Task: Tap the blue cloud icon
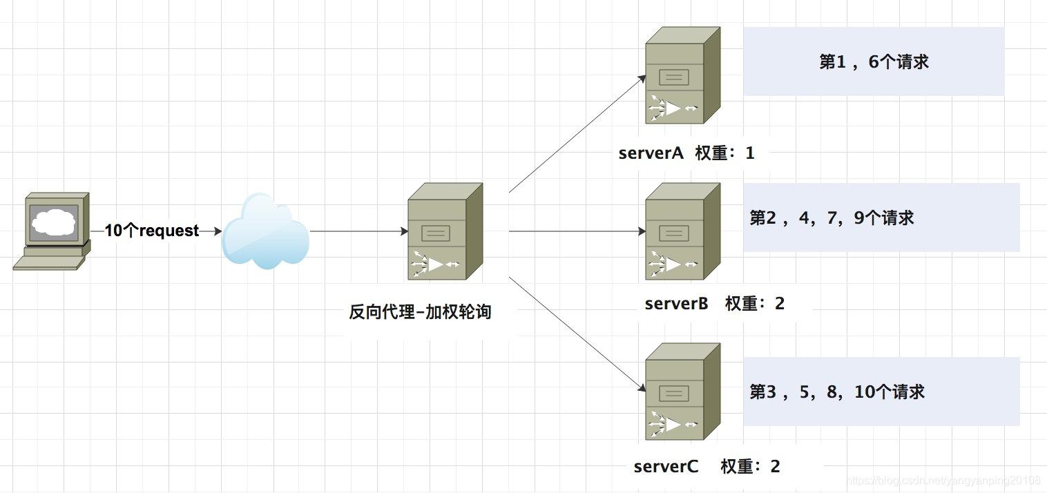pyautogui.click(x=266, y=231)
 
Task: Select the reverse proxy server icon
pyautogui.click(x=445, y=231)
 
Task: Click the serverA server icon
pyautogui.click(x=682, y=76)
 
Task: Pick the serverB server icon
pyautogui.click(x=682, y=231)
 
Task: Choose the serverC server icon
pyautogui.click(x=682, y=391)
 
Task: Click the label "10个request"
pyautogui.click(x=152, y=231)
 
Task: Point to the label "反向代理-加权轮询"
pyautogui.click(x=420, y=312)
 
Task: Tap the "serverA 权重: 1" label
pyautogui.click(x=686, y=153)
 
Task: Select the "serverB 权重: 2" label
pyautogui.click(x=714, y=304)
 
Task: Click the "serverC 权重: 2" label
pyautogui.click(x=707, y=467)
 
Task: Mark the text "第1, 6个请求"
pyautogui.click(x=874, y=62)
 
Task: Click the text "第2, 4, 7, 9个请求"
pyautogui.click(x=832, y=218)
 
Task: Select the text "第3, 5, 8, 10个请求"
pyautogui.click(x=837, y=392)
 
